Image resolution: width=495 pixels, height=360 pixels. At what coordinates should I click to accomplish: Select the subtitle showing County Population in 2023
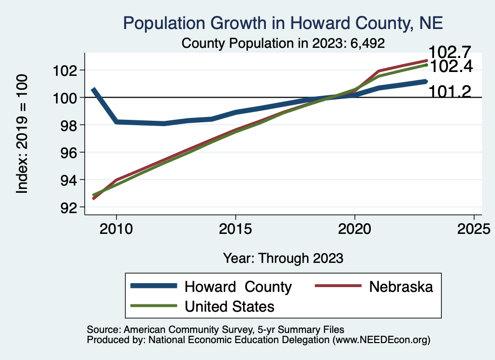coord(283,43)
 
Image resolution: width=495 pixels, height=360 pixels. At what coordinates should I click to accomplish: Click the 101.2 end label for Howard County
coord(449,91)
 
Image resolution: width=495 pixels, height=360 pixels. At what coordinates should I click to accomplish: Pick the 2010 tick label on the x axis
coord(116,229)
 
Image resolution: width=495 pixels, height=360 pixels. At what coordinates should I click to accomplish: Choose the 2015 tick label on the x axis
coord(235,229)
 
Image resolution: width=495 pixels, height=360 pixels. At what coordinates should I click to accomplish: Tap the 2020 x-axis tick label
coord(355,229)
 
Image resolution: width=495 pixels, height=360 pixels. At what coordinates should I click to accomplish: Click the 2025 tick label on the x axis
coord(474,229)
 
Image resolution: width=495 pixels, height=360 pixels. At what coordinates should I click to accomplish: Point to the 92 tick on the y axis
coord(67,207)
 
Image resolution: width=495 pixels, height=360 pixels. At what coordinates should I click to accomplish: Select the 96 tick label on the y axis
coord(67,153)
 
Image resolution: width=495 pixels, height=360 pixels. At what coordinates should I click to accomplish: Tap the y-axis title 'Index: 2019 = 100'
coord(22,134)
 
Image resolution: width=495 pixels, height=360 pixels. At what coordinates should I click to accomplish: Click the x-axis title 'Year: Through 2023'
coord(283,258)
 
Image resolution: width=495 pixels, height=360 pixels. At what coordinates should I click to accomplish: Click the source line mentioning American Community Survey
coord(216,330)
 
